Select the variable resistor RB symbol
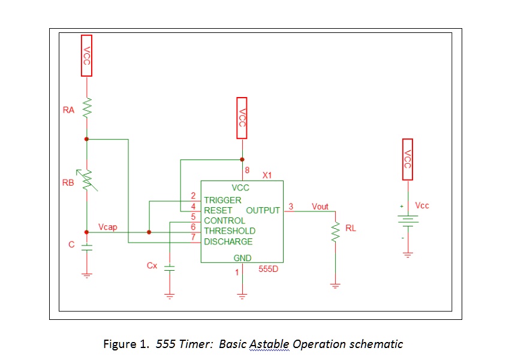87,181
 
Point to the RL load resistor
335,233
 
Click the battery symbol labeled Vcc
407,220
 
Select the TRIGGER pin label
222,200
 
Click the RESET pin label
218,210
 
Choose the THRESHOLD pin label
229,231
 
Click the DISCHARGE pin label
228,241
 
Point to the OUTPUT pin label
263,210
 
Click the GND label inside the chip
242,258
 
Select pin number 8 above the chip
247,171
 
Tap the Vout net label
320,207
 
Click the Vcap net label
108,227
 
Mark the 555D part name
267,269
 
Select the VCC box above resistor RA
86,55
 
